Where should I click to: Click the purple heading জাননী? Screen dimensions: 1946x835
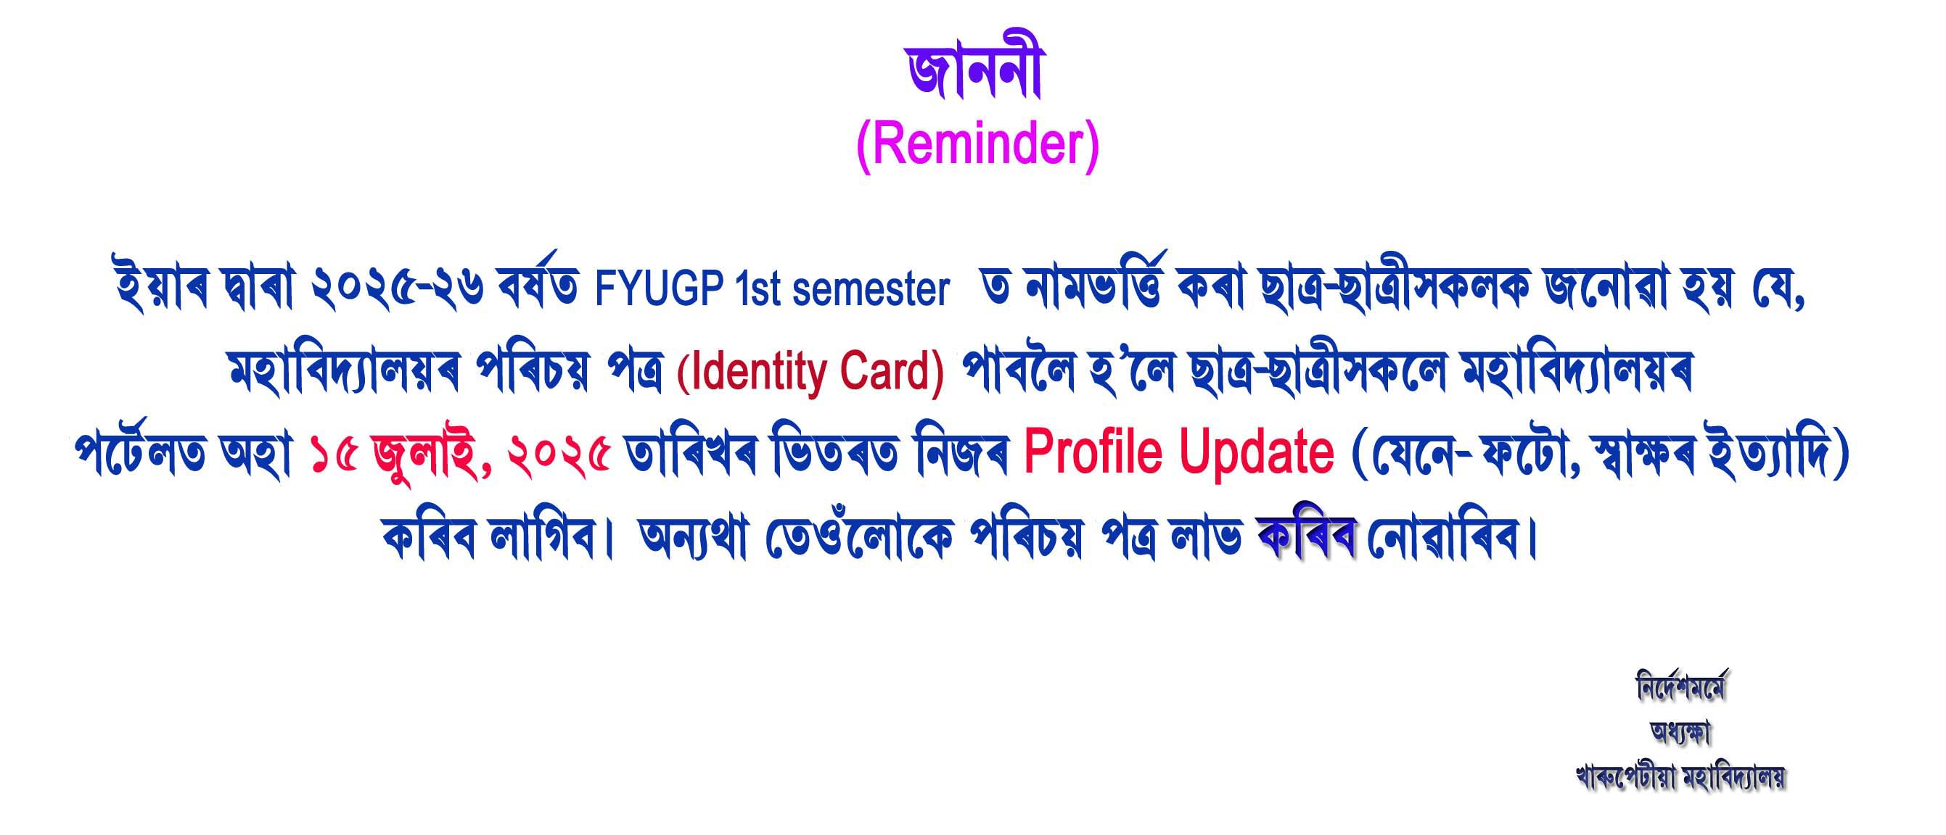pyautogui.click(x=974, y=74)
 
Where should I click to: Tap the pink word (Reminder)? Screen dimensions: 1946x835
pyautogui.click(x=977, y=146)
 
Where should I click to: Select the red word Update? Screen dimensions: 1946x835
pyautogui.click(x=1256, y=453)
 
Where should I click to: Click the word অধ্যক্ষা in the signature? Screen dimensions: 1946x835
pyautogui.click(x=1681, y=732)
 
